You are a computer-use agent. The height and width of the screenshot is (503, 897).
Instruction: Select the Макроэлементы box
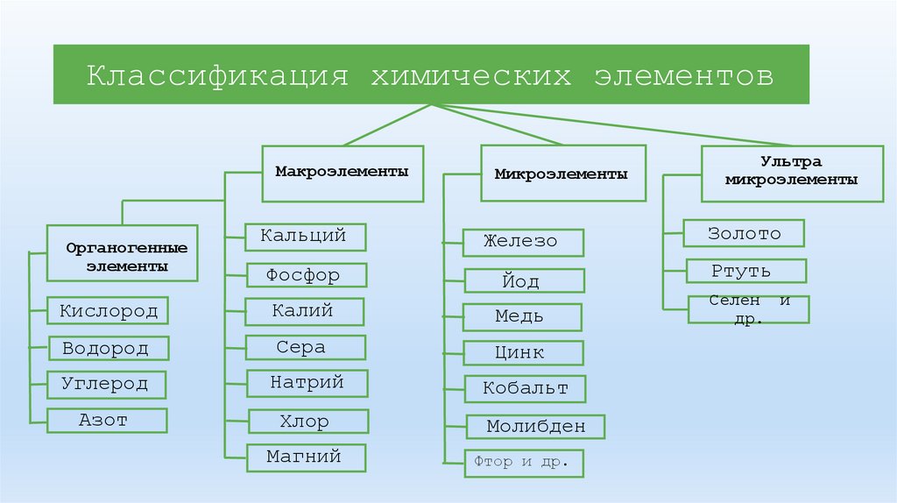[343, 172]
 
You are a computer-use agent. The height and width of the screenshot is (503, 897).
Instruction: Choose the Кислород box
[109, 311]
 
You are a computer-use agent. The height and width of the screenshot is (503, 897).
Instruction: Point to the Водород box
[109, 348]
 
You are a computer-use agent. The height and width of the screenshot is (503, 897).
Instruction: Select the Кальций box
[306, 237]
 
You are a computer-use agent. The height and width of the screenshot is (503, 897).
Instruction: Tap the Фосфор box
[306, 276]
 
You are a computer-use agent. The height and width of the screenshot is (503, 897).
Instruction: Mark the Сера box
[306, 347]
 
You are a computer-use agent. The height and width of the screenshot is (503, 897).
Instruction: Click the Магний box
[306, 457]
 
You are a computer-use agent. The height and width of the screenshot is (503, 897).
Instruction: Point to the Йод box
[524, 280]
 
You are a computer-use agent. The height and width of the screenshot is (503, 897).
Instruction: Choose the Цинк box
[523, 353]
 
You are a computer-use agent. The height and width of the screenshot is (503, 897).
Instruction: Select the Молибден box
[535, 427]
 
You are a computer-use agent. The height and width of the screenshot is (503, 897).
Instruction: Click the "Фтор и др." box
[523, 462]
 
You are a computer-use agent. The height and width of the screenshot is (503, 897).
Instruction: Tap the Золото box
[745, 233]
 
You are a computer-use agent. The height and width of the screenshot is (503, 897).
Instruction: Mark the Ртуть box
[745, 271]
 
